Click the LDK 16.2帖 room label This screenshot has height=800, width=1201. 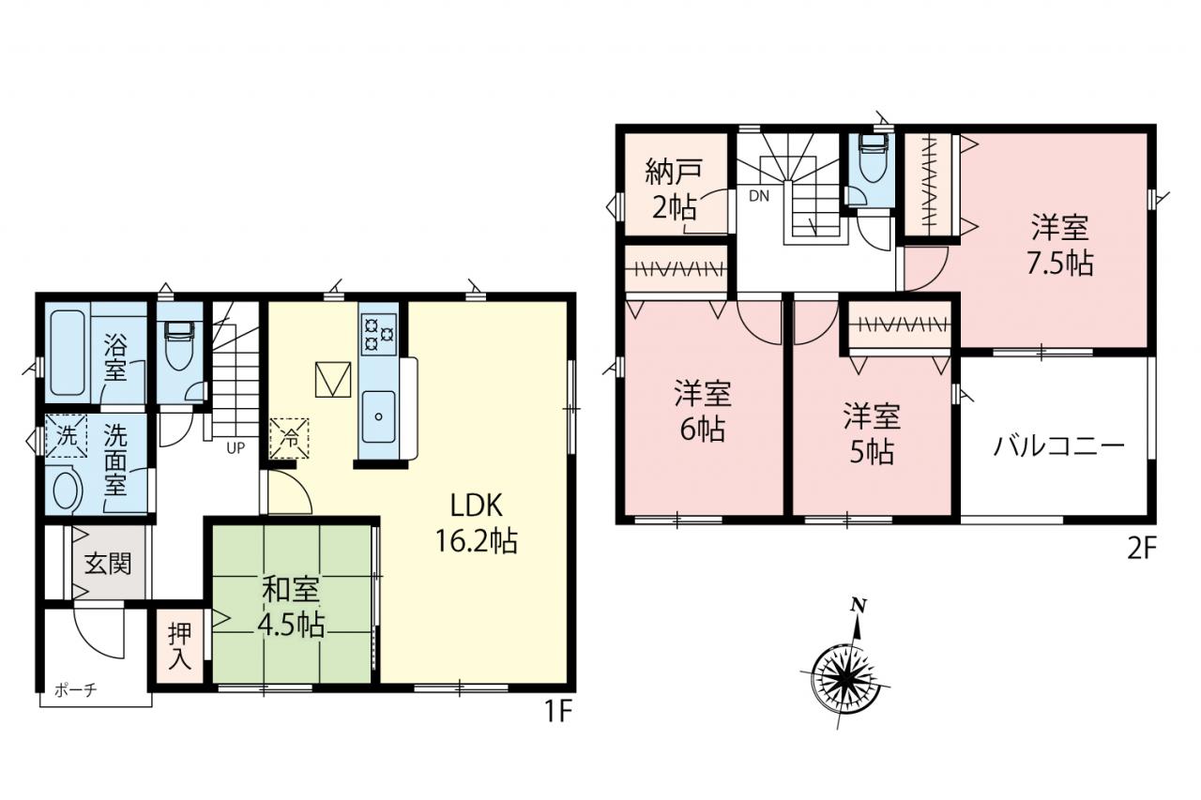[x=476, y=523]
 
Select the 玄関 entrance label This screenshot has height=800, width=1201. [x=108, y=564]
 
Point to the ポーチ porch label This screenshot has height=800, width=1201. [x=76, y=690]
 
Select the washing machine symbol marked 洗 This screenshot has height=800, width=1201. [x=67, y=436]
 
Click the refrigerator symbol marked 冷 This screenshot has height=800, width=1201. [x=290, y=439]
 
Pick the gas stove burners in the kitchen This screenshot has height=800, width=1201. [x=378, y=334]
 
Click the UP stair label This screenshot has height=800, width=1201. [x=236, y=448]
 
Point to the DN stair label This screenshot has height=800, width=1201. [x=759, y=196]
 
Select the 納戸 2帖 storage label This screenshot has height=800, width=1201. [x=674, y=189]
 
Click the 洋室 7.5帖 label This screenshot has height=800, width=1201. [x=1060, y=246]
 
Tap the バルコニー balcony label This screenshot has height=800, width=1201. [x=1058, y=445]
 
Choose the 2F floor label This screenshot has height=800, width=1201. [x=1142, y=550]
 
